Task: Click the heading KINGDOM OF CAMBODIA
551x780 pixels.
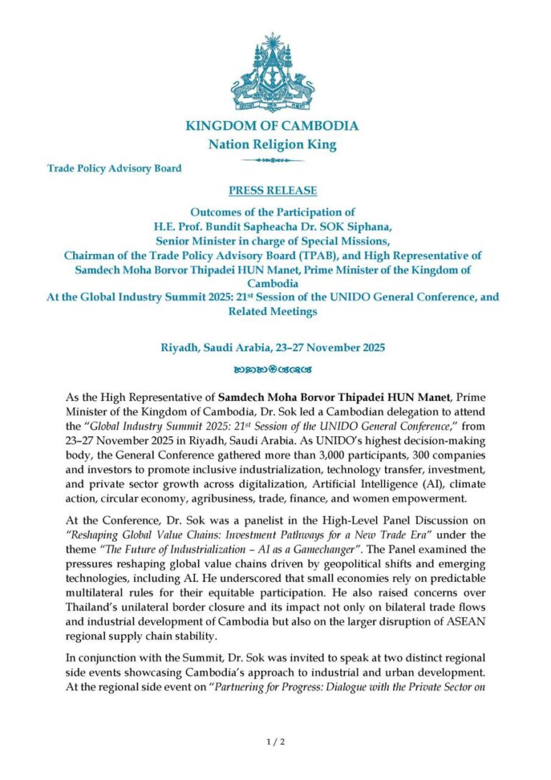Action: click(x=272, y=126)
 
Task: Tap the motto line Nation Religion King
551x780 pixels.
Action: click(x=272, y=145)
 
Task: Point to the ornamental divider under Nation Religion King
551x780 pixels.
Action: click(x=272, y=159)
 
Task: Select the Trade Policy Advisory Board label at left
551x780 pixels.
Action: click(x=114, y=169)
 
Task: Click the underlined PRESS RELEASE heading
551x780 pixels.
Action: click(x=272, y=191)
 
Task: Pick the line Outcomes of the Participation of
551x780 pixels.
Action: click(x=272, y=212)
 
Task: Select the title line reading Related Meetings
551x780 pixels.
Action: click(x=272, y=311)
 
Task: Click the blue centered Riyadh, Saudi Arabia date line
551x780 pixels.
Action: click(x=272, y=348)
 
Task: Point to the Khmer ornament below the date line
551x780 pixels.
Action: click(x=272, y=370)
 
